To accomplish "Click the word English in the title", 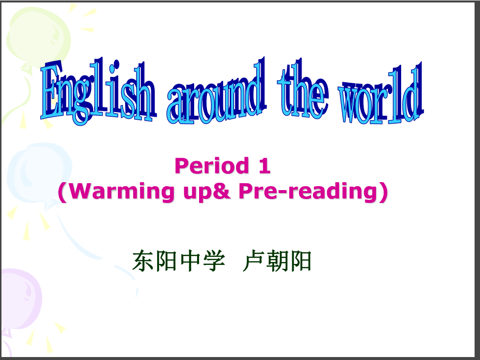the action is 98,92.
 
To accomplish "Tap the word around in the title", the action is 216,92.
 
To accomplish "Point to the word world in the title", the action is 381,93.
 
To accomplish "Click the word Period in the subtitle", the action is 212,166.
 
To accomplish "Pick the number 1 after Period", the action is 265,166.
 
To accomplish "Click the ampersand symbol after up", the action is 220,191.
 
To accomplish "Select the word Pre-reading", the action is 308,192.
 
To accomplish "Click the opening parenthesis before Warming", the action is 63,192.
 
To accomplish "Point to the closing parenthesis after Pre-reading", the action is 383,192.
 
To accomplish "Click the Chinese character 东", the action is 143,261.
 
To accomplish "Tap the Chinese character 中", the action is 190,261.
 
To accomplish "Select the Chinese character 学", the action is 214,261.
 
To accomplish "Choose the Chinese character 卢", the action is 253,261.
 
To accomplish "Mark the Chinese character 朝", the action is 277,261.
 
